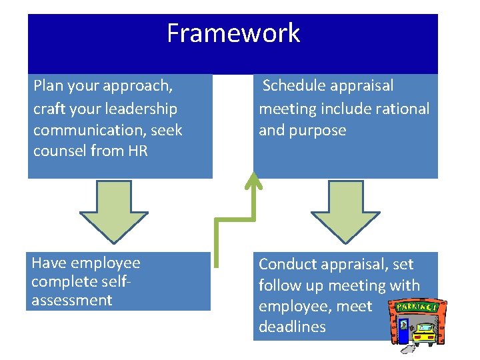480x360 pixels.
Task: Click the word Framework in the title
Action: click(233, 33)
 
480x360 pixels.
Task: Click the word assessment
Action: click(72, 300)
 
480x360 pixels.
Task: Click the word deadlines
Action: click(292, 327)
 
